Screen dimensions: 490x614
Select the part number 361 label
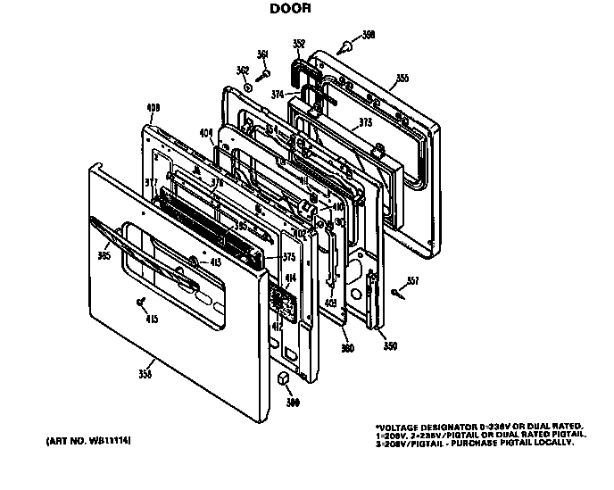tap(262, 55)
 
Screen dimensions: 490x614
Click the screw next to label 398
tap(344, 43)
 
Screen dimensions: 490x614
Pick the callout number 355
tap(402, 79)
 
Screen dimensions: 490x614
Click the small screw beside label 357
tap(394, 290)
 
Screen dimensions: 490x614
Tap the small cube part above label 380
tap(285, 380)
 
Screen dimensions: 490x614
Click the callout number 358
tap(145, 373)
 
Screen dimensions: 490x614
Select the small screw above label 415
tap(141, 301)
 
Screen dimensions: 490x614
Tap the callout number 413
tap(215, 262)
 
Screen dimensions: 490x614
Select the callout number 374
tap(279, 94)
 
